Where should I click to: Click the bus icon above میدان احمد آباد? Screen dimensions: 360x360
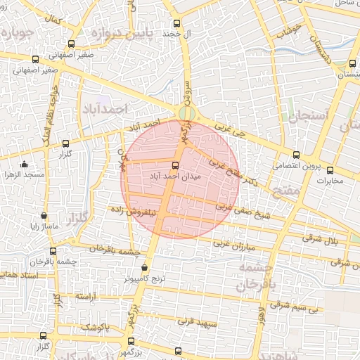pyautogui.click(x=175, y=166)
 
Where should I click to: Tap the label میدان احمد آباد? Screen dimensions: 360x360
pyautogui.click(x=175, y=177)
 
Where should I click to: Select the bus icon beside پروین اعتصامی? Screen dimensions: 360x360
pyautogui.click(x=296, y=155)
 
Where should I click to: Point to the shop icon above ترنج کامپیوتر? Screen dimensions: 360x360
pyautogui.click(x=145, y=267)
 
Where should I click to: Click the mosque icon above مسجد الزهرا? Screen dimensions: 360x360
pyautogui.click(x=25, y=164)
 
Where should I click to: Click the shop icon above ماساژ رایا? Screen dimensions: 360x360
pyautogui.click(x=44, y=216)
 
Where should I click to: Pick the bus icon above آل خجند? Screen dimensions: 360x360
pyautogui.click(x=176, y=23)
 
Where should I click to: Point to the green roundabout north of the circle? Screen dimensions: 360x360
pyautogui.click(x=186, y=114)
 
